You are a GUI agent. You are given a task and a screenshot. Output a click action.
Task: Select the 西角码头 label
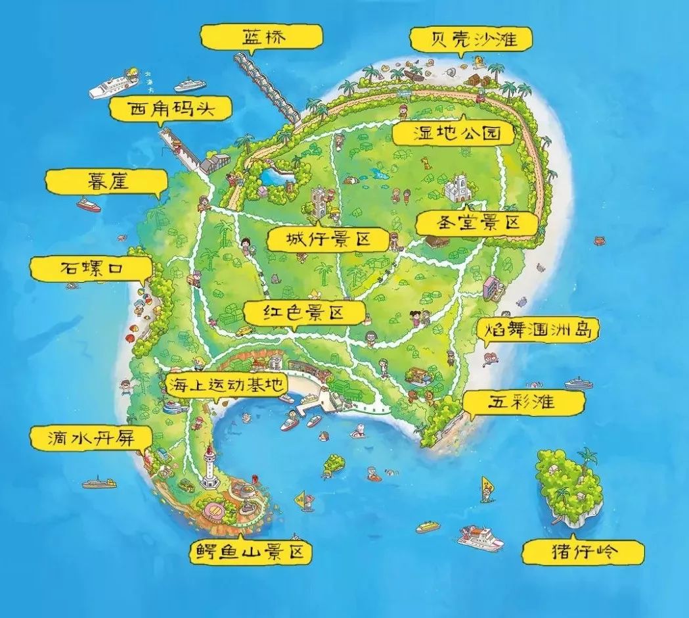pos(171,109)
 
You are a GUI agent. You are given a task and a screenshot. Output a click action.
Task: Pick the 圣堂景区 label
pos(478,223)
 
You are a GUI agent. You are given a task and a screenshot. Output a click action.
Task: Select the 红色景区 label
pos(303,313)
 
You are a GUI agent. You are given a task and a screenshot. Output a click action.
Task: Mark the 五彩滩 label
pos(517,402)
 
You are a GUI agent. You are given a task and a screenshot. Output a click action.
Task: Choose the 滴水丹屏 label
pos(91,437)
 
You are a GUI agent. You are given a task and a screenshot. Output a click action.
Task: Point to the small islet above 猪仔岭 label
pos(568,485)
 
